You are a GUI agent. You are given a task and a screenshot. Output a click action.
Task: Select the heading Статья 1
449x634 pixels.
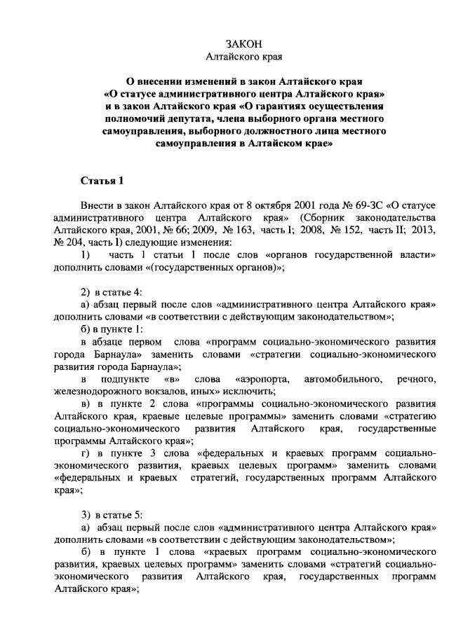coord(102,181)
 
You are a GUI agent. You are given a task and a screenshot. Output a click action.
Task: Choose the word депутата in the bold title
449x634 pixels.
coord(196,118)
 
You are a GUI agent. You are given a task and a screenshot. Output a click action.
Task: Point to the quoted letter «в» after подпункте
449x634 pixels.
coord(171,379)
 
